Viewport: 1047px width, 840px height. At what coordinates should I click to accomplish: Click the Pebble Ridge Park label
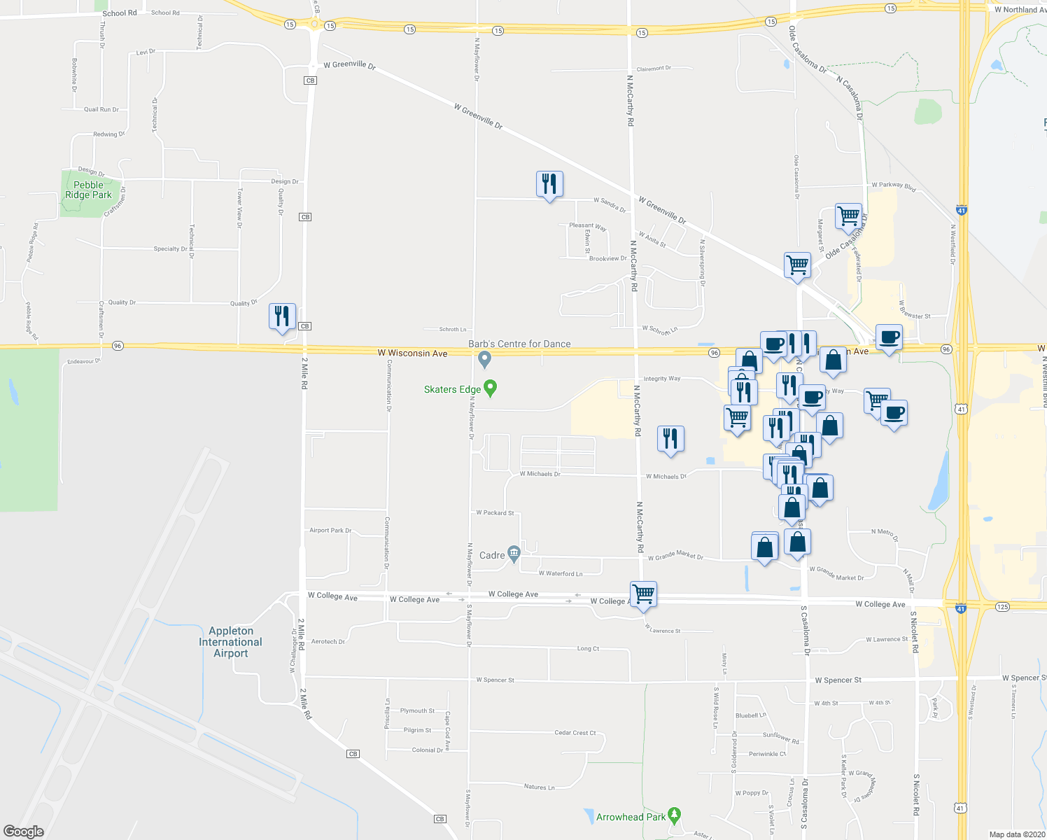[x=88, y=190]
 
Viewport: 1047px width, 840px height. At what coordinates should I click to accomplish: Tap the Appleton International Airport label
[x=230, y=642]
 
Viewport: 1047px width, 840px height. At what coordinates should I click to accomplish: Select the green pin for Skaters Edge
[x=491, y=388]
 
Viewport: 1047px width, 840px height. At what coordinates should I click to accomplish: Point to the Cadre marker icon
[x=514, y=554]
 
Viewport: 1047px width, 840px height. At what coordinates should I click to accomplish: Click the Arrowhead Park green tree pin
[x=674, y=815]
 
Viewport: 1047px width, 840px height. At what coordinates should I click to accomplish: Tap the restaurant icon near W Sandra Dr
[x=549, y=184]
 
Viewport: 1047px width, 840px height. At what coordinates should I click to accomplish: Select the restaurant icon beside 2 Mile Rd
[x=282, y=316]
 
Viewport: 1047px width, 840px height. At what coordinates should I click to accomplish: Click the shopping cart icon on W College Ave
[x=643, y=594]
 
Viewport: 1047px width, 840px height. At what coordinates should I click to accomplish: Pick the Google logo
[x=23, y=832]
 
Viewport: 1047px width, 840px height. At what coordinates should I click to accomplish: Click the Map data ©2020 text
[x=1017, y=834]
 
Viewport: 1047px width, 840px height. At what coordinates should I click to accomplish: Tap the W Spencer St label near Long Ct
[x=495, y=680]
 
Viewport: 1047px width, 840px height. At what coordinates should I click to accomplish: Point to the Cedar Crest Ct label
[x=575, y=733]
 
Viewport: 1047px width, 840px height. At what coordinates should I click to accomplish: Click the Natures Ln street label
[x=539, y=787]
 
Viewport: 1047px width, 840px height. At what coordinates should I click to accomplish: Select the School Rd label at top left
[x=120, y=13]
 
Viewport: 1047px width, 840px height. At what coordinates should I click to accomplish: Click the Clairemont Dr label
[x=654, y=69]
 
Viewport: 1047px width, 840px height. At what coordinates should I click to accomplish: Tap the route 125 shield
[x=1002, y=606]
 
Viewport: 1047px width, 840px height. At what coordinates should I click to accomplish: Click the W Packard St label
[x=495, y=512]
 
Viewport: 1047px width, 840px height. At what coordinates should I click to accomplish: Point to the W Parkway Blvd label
[x=893, y=185]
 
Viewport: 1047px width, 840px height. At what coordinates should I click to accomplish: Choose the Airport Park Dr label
[x=330, y=531]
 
